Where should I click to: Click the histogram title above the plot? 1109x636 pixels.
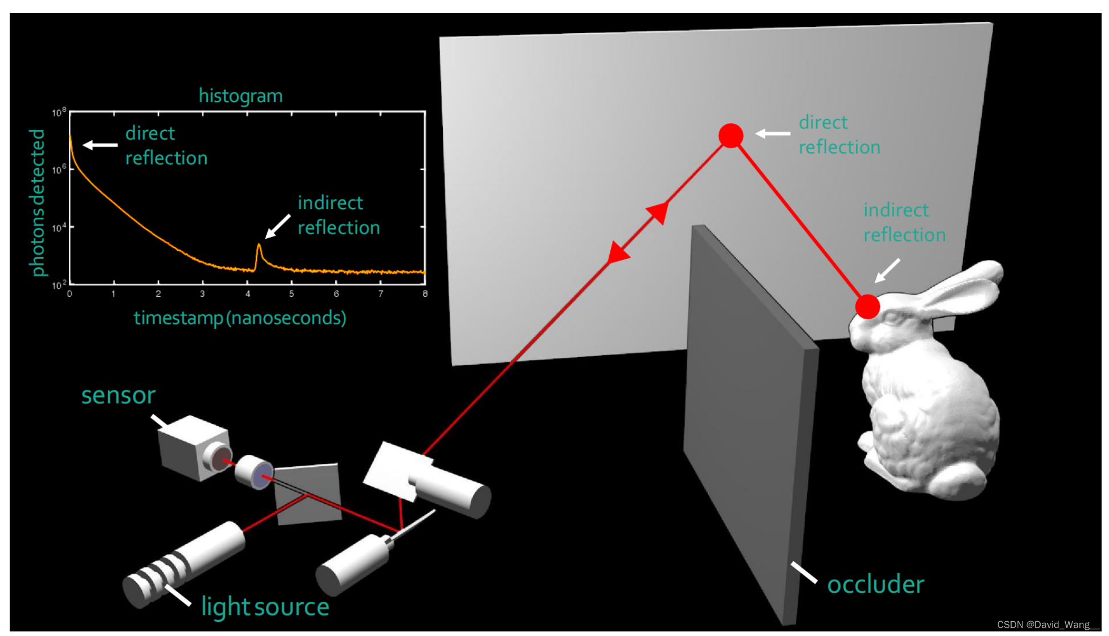pos(240,96)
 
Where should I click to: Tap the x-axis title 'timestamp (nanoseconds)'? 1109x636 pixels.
pos(240,317)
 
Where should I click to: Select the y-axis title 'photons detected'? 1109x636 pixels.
pos(37,202)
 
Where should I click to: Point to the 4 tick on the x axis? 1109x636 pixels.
pos(247,293)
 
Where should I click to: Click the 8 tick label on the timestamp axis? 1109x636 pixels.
pos(425,293)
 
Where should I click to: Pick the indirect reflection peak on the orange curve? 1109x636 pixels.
pos(259,246)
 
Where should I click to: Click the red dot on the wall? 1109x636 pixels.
pos(731,136)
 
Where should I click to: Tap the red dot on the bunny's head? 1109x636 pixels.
pos(867,307)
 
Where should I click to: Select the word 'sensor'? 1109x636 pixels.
pos(118,395)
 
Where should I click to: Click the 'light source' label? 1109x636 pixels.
pos(265,606)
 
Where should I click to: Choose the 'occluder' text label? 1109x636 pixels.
pos(875,584)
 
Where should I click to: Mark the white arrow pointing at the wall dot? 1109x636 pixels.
pos(772,133)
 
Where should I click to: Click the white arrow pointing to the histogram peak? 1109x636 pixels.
pos(278,226)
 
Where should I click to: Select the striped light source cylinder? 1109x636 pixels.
pos(182,564)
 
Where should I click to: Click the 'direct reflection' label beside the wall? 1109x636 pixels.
pos(839,134)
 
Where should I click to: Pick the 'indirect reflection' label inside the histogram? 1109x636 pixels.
pos(339,215)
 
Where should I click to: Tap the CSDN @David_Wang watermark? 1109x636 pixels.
pos(1047,625)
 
